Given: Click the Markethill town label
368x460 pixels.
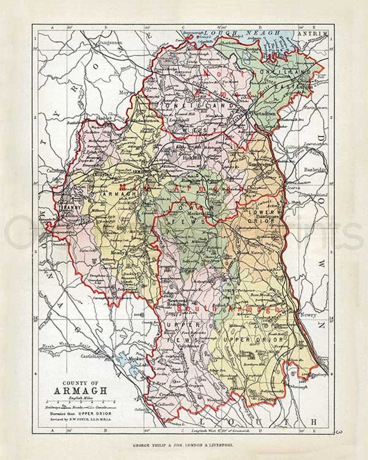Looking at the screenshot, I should click(199, 213).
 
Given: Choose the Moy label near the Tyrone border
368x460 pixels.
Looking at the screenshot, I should click(123, 92).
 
